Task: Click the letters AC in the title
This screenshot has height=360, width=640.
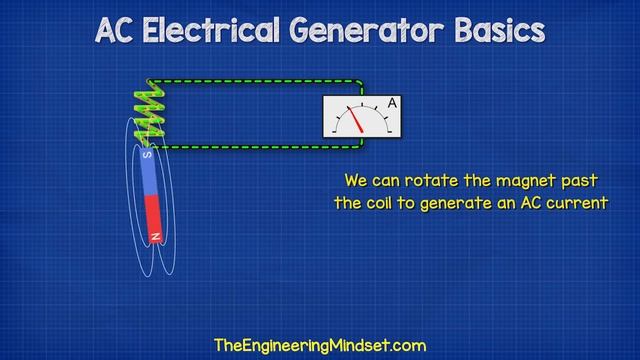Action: point(118,30)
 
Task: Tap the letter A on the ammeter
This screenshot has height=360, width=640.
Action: point(393,104)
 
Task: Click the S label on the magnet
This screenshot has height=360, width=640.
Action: point(148,156)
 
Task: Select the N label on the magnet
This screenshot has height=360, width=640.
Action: point(155,236)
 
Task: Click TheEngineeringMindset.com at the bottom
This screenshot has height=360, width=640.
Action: point(320,345)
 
